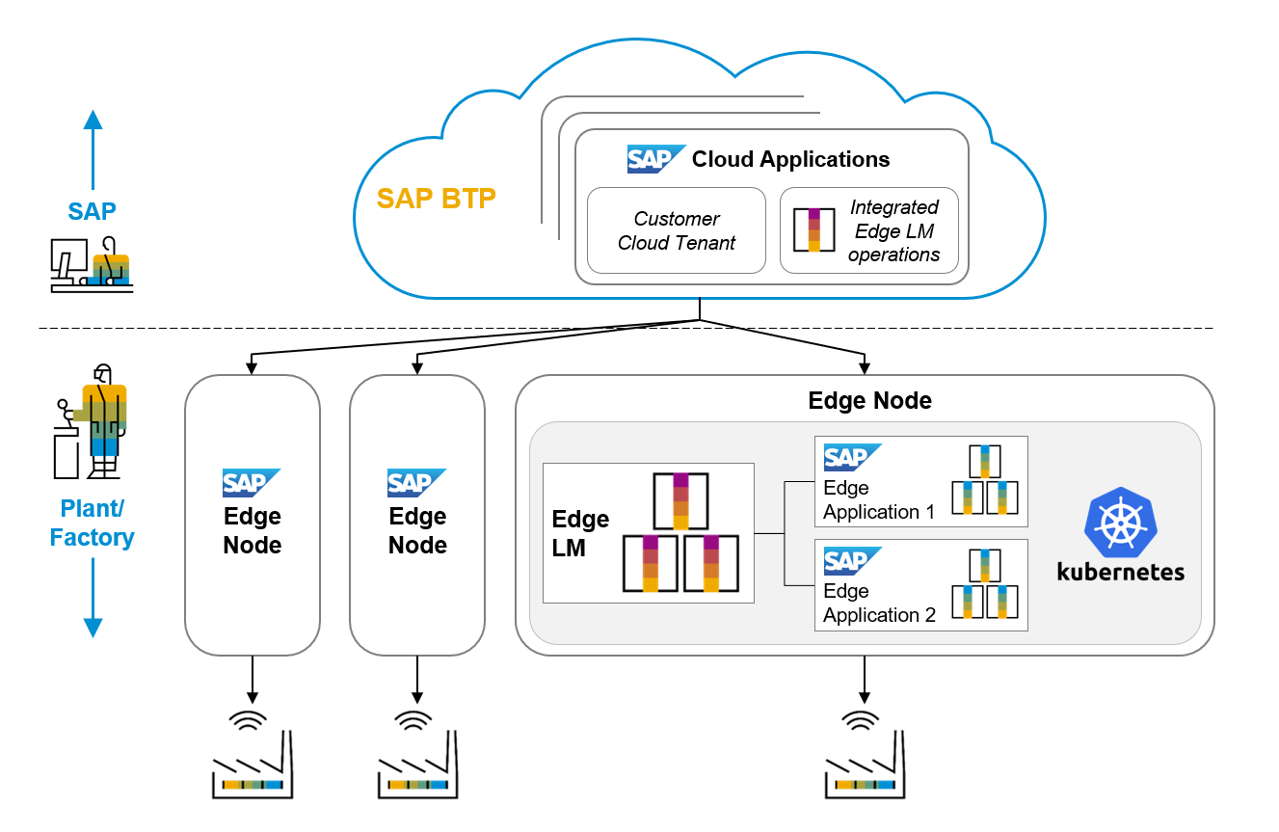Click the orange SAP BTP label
436,199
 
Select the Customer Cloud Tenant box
676,231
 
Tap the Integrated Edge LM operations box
868,231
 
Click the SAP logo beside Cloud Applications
655,158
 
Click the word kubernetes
1120,571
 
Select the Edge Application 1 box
920,481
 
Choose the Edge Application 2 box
920,584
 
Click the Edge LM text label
580,533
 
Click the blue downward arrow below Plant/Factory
93,598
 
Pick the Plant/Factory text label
93,523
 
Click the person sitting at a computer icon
92,264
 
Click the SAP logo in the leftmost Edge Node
251,482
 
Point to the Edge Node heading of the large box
869,401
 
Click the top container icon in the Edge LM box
680,501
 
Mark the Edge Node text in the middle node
417,530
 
